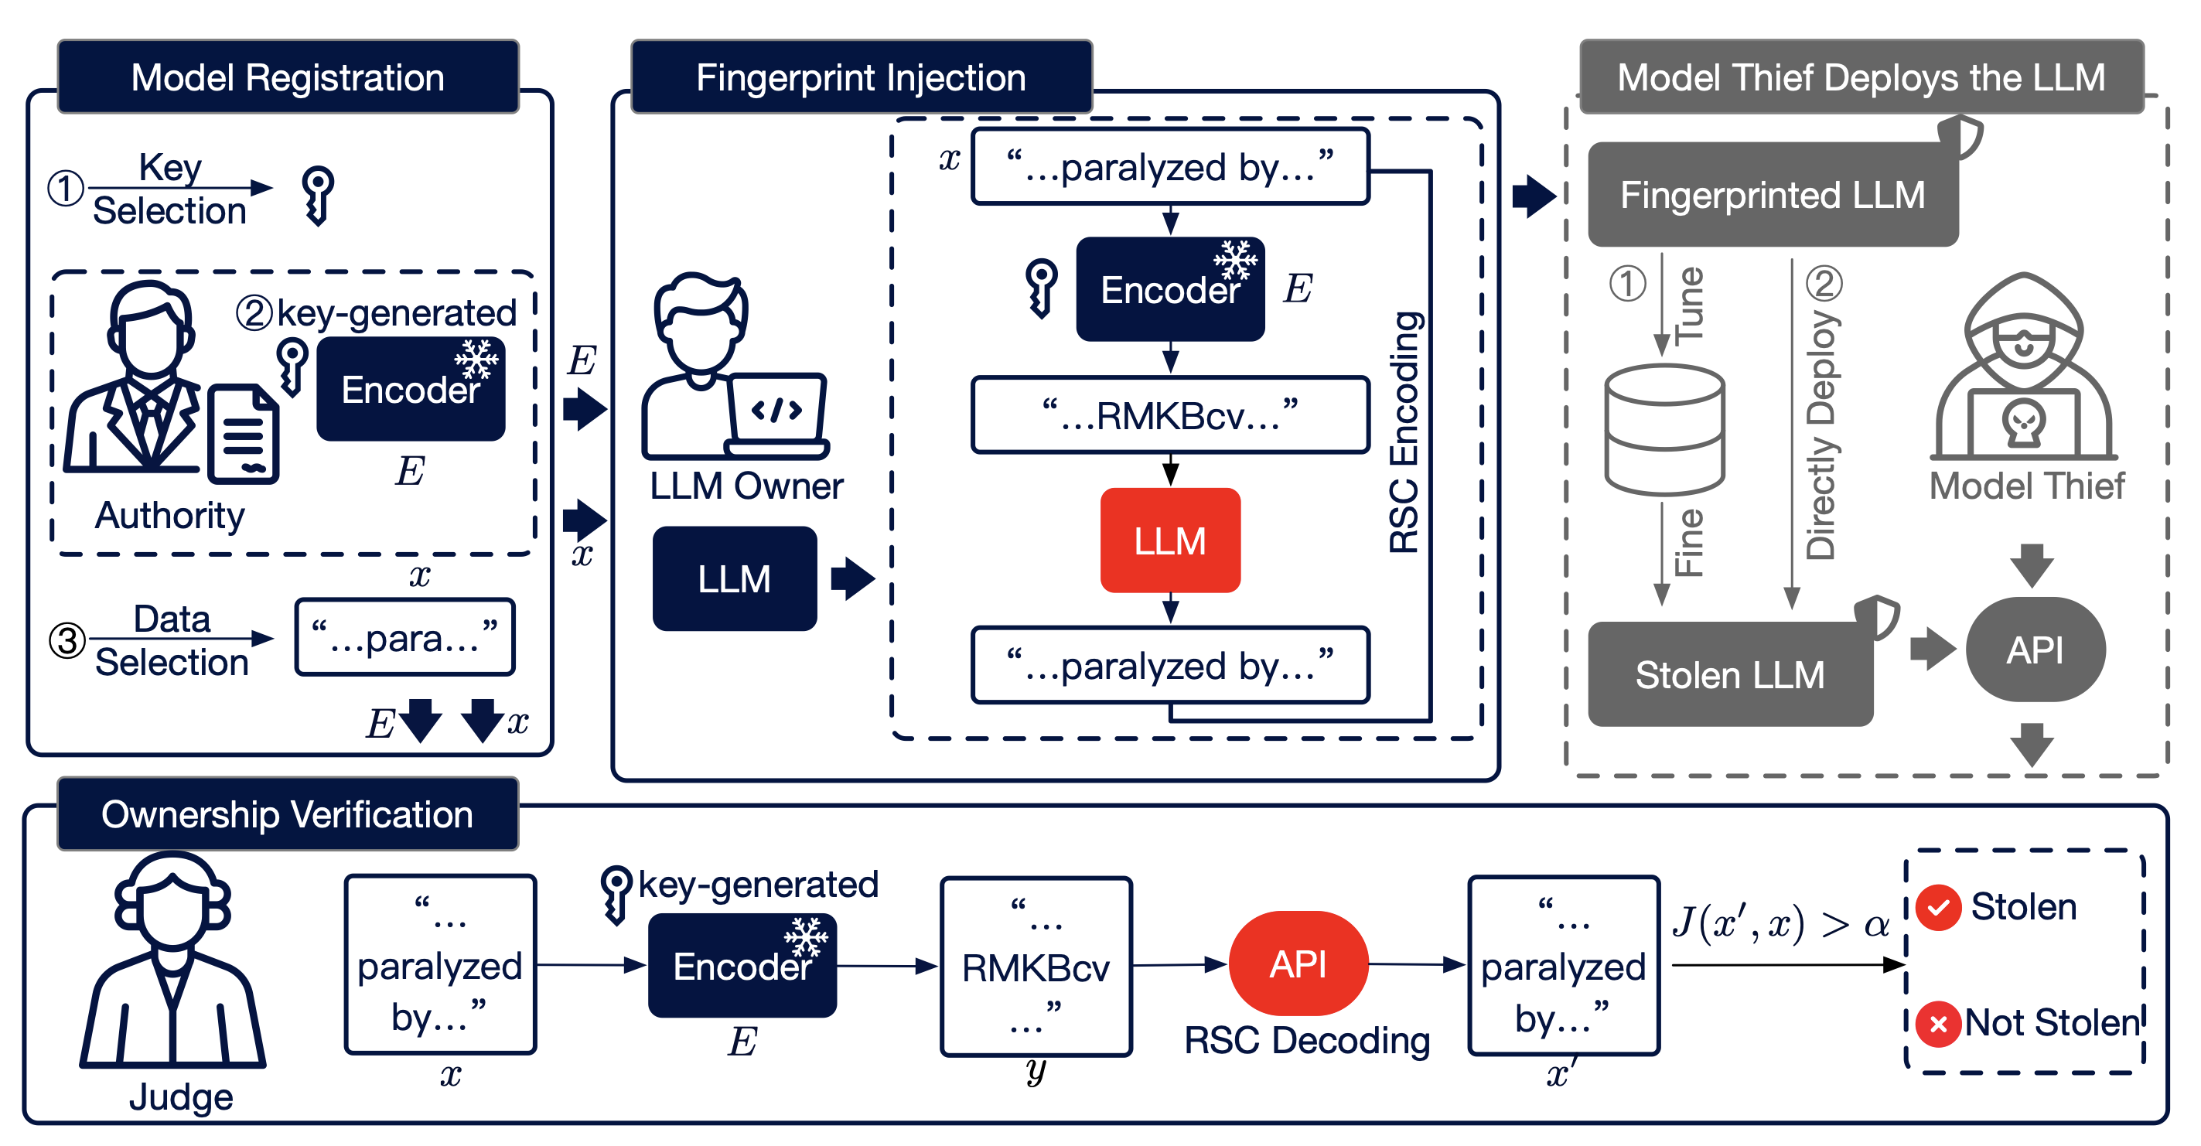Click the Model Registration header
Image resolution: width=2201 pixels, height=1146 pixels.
coord(288,77)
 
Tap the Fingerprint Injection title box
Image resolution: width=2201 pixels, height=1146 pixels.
coord(861,77)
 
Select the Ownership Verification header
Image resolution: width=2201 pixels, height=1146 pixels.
coord(288,813)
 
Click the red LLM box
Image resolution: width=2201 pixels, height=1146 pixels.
coord(1169,540)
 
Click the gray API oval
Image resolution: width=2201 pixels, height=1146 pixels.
coord(2035,650)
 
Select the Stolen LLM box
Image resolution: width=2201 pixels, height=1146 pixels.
coord(1729,674)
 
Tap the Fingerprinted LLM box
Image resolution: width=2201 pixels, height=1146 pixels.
coord(1772,195)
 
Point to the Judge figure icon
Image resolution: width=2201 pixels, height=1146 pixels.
coord(173,961)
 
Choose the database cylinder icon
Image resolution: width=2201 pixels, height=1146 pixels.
coord(1664,430)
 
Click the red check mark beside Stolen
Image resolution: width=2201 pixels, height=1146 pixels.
coord(1938,907)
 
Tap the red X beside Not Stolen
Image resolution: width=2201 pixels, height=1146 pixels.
coord(1938,1023)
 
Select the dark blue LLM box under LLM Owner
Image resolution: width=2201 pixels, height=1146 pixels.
coord(734,578)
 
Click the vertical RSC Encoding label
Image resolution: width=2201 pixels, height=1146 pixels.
coord(1404,431)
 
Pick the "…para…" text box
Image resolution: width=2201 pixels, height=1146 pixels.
coord(404,637)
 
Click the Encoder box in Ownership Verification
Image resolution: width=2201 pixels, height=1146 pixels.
coord(742,966)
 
